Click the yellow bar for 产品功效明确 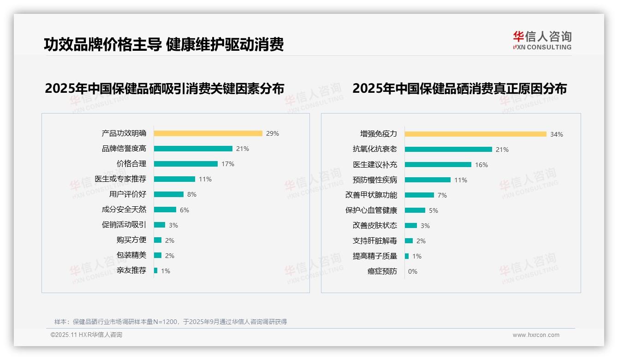click(208, 133)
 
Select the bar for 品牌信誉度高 click(193, 149)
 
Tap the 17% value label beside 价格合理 click(228, 164)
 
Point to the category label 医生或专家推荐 click(120, 179)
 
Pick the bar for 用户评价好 click(169, 194)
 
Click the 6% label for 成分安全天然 click(184, 210)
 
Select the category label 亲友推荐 click(131, 270)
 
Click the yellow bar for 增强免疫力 click(475, 134)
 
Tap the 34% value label click(556, 135)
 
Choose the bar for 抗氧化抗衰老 click(448, 150)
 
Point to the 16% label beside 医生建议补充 click(481, 165)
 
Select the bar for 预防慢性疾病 click(428, 180)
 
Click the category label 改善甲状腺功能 click(371, 195)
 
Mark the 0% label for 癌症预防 click(413, 271)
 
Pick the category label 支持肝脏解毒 click(375, 241)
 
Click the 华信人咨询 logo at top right click(542, 40)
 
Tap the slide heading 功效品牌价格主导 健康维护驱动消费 click(164, 44)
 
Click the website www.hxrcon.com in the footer click(536, 335)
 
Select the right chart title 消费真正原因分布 click(459, 88)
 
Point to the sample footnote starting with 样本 click(171, 322)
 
